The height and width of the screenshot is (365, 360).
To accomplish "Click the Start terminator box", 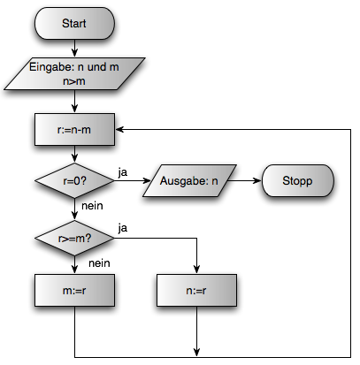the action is click(74, 23).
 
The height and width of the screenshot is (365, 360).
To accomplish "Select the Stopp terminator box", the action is click(298, 180).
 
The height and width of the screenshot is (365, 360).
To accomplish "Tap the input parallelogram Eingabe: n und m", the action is click(74, 73).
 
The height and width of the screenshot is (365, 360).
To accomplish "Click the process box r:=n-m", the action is click(74, 129).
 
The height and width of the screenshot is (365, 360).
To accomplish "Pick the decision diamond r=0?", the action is click(74, 180).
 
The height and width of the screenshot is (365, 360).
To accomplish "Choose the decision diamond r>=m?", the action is click(74, 238).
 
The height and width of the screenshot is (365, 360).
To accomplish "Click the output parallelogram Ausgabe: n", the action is click(189, 180).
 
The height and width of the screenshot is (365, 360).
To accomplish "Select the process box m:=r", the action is click(74, 291).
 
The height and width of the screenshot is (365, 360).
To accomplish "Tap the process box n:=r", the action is click(196, 291).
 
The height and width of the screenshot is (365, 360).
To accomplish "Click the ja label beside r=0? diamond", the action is click(123, 172).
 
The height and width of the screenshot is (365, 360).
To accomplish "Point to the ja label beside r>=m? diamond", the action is click(123, 228).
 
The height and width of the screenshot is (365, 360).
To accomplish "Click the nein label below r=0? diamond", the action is click(92, 206).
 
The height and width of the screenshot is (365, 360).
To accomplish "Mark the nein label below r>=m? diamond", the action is click(99, 263).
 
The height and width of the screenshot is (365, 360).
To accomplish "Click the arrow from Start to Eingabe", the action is click(74, 48).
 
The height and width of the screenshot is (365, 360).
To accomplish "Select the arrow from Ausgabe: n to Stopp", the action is click(245, 180).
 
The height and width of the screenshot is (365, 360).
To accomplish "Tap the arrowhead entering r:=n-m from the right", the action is click(119, 129).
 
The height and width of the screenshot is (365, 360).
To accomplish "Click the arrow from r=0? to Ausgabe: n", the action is click(133, 180).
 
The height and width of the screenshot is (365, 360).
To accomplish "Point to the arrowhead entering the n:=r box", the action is click(196, 270).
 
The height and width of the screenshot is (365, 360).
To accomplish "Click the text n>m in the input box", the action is click(74, 81).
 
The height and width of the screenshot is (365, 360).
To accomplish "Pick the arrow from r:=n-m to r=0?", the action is click(74, 154).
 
